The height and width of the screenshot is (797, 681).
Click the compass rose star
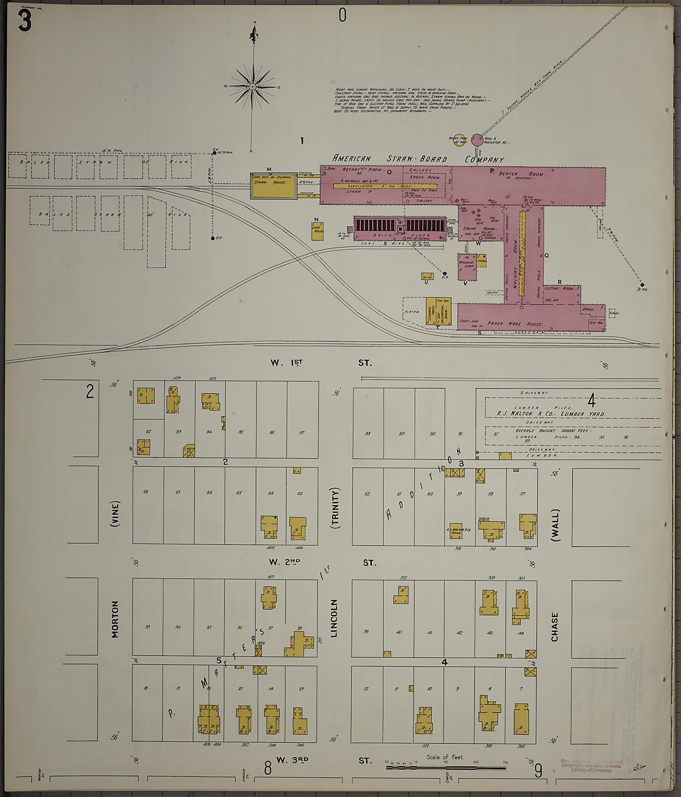pos(252,87)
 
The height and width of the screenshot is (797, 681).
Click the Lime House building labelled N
pos(318,231)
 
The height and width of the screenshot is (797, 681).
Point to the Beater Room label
pos(521,174)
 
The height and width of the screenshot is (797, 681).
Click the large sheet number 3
pos(24,21)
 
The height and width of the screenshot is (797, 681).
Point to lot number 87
pos(302,432)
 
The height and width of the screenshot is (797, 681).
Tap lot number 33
pos(148,627)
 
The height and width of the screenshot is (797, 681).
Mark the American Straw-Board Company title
pos(418,159)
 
